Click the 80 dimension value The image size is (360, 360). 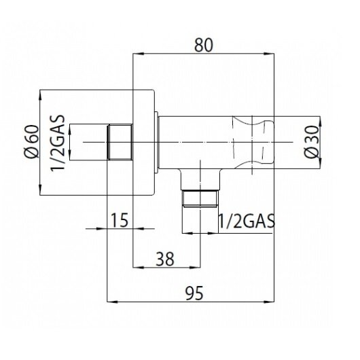pos(204,46)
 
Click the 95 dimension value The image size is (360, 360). pos(195,293)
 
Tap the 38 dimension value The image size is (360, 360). pos(165,259)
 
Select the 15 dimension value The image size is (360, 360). pos(120,220)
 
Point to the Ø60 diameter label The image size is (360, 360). pos(32,141)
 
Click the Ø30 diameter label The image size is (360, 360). pos(312,142)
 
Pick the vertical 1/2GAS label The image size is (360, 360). pos(58,143)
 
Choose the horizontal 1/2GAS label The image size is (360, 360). pos(247,221)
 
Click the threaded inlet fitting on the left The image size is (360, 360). pos(120,142)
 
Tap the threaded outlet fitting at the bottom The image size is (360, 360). pos(200,198)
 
